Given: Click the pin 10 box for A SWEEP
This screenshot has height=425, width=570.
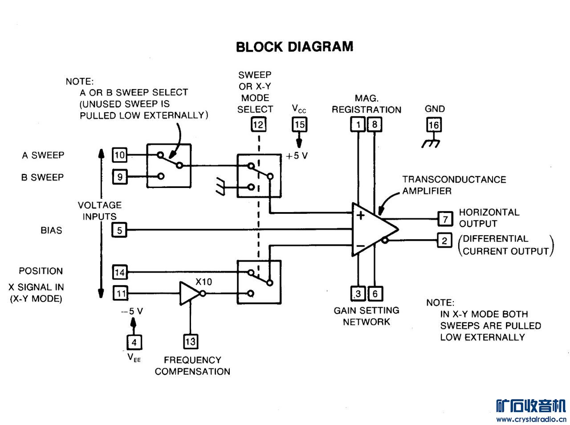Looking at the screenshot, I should (x=120, y=155).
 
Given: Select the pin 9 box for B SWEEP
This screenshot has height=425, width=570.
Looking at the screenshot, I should (x=120, y=177).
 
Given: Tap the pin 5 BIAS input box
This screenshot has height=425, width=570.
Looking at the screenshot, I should (x=120, y=230).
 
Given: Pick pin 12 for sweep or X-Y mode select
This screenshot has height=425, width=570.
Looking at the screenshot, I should (x=258, y=124).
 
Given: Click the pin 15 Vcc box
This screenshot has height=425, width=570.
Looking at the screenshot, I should (x=299, y=124).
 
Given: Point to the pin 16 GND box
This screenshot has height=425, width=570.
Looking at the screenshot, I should (x=434, y=125).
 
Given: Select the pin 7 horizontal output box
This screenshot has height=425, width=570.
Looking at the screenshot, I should (x=445, y=219).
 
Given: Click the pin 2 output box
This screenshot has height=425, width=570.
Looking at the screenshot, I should (x=444, y=241).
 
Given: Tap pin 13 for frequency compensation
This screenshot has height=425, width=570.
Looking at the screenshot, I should (x=191, y=342).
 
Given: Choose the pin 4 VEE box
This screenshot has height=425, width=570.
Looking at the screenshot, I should (x=134, y=342).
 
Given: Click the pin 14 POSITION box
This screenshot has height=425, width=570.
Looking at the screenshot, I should (x=120, y=272).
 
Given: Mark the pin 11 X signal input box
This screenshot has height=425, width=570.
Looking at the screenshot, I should (x=120, y=293).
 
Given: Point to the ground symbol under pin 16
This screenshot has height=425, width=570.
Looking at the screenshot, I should (x=431, y=143).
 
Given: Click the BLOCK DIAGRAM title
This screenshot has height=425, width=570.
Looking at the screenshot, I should (x=294, y=47).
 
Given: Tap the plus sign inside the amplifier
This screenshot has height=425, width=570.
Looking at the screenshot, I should (x=361, y=216).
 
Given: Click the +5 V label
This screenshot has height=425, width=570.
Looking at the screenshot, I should (x=297, y=156).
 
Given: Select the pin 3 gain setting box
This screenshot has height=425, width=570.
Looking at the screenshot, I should (x=358, y=294).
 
